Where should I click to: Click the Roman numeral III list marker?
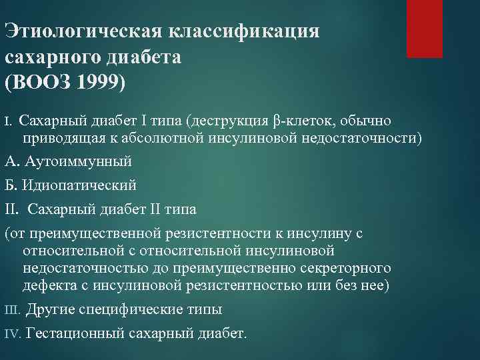coord(13,310)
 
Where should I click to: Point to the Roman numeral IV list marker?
coord(13,333)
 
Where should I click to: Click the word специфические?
coord(127,310)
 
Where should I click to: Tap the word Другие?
coord(51,310)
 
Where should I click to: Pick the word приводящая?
coord(56,138)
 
